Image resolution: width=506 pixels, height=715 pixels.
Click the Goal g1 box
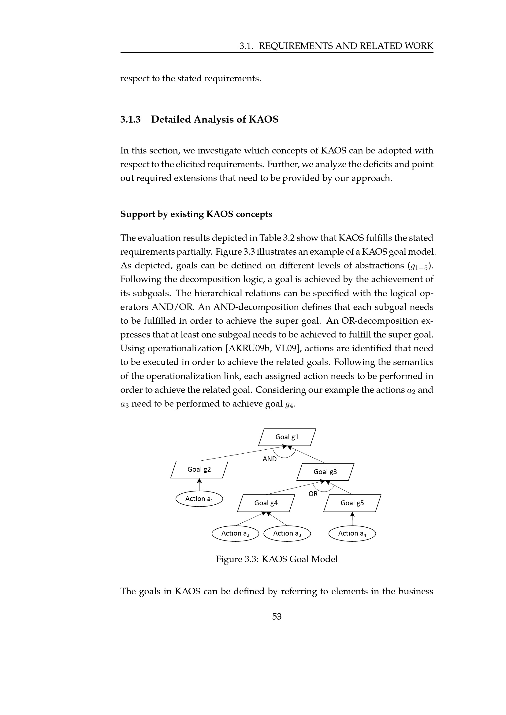[x=287, y=437]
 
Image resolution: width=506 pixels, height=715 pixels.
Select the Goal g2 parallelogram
[x=199, y=469]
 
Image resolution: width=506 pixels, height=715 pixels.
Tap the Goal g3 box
[x=325, y=472]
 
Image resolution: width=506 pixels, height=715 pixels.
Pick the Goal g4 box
[x=266, y=503]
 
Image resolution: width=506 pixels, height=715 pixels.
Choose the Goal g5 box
[x=352, y=503]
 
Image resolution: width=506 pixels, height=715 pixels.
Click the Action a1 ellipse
[x=199, y=499]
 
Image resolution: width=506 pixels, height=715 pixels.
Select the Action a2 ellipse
[x=235, y=533]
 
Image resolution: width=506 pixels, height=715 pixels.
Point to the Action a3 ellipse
[x=287, y=533]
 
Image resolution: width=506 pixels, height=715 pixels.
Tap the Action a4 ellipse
[x=352, y=533]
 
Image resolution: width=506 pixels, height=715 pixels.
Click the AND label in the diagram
[x=270, y=459]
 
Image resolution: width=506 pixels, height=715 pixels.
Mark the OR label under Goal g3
[x=313, y=494]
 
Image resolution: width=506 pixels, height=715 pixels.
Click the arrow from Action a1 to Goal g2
[x=199, y=485]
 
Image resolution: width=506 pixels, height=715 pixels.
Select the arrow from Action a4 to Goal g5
[x=352, y=519]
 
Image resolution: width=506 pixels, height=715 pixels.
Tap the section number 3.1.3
[x=131, y=119]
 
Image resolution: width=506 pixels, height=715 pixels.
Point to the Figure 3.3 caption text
[x=277, y=559]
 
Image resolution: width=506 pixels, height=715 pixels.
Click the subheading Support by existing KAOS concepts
[x=196, y=214]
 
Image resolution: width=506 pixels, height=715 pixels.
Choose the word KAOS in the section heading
[x=263, y=119]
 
